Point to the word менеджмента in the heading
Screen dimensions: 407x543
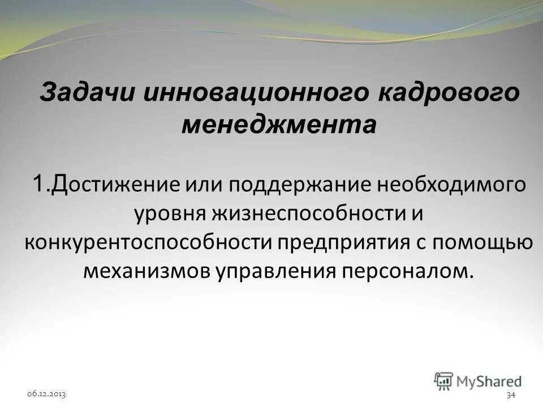278,124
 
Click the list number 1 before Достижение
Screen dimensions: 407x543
38,184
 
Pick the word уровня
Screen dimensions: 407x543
170,214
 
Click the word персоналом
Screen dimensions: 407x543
405,271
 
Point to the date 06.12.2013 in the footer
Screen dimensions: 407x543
46,393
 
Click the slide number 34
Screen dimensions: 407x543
511,394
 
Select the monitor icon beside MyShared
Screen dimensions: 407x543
443,380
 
